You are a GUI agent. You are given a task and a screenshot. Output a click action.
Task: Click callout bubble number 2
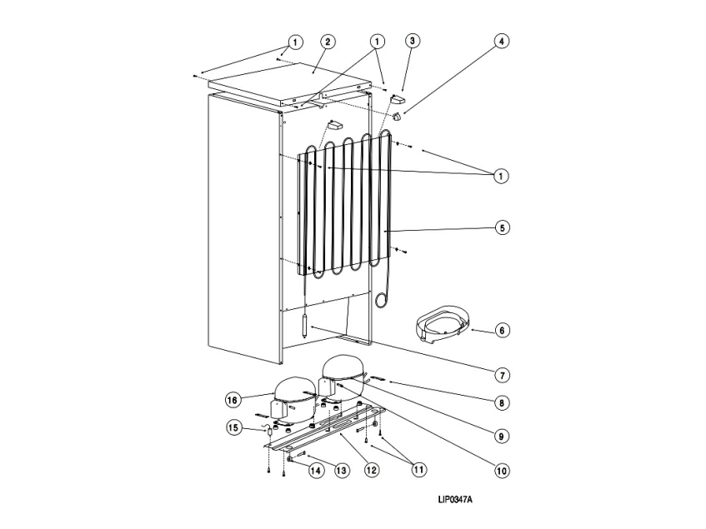coord(328,41)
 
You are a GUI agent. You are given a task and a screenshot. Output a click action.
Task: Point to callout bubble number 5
coord(502,227)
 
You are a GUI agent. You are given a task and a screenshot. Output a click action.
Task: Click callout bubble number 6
coord(502,331)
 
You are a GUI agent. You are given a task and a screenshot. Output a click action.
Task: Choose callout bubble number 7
coord(502,374)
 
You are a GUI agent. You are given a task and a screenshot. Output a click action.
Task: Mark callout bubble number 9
coord(502,434)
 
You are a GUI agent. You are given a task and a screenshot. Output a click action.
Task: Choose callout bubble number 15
coord(234,428)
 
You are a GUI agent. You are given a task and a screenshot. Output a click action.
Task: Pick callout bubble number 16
coord(234,400)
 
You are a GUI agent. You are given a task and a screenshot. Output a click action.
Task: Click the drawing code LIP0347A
coord(455,501)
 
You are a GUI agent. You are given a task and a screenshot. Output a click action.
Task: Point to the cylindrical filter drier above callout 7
coord(305,324)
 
